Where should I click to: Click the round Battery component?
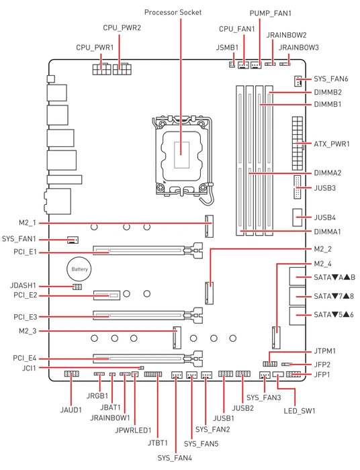pos(79,269)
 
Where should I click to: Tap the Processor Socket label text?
pos(173,12)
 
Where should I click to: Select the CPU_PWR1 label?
pos(95,48)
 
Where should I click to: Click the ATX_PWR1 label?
pos(332,144)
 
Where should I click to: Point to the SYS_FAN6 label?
pos(331,79)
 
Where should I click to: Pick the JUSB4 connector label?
pos(324,218)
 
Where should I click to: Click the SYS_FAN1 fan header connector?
pos(73,240)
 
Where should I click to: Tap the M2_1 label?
pos(28,223)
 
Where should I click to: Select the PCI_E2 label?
pos(25,295)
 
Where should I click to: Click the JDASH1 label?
pos(23,285)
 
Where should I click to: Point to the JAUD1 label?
pos(71,410)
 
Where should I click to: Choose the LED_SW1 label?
pos(300,411)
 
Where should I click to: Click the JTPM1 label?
pos(325,350)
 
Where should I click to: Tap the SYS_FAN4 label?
pos(175,458)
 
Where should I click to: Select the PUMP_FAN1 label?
pos(271,13)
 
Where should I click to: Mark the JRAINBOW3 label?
pos(299,48)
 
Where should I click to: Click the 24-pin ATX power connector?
pos(298,144)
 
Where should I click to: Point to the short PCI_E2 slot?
pos(106,295)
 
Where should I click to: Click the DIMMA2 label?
pos(327,173)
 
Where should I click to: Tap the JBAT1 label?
pos(110,408)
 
